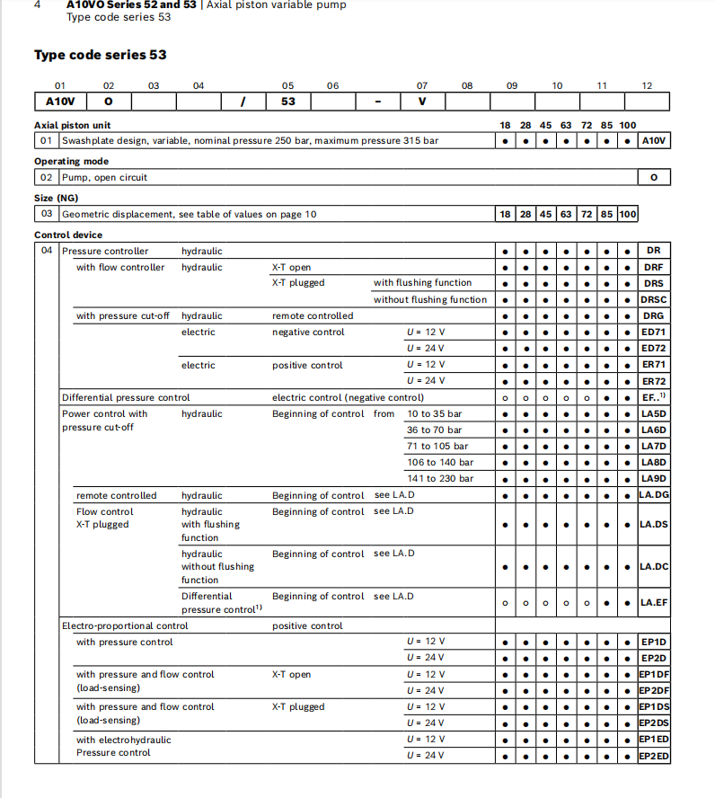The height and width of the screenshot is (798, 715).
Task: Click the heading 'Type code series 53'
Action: click(x=100, y=55)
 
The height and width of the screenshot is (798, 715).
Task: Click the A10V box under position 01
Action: click(x=60, y=102)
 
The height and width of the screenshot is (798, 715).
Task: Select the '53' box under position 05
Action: click(x=287, y=102)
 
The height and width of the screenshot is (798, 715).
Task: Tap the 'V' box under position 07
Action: click(x=422, y=102)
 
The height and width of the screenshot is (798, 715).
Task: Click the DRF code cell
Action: click(x=654, y=267)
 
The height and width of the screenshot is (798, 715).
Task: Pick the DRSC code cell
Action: click(x=654, y=299)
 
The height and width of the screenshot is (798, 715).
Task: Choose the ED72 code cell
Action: click(x=654, y=348)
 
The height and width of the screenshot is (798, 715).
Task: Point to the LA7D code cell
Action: click(x=654, y=446)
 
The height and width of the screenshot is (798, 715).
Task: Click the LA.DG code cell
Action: click(x=654, y=495)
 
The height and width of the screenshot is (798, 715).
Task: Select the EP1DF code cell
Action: click(x=654, y=674)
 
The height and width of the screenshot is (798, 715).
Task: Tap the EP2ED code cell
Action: click(x=654, y=756)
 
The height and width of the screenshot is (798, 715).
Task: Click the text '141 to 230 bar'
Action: click(x=439, y=478)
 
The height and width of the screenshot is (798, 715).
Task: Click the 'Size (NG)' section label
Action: click(x=56, y=198)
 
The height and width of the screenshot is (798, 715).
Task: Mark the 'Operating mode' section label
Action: click(x=71, y=162)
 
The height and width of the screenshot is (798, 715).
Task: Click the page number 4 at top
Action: click(x=37, y=5)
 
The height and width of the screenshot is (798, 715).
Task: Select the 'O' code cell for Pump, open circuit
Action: click(x=654, y=177)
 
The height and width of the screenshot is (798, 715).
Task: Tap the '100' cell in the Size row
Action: click(x=628, y=214)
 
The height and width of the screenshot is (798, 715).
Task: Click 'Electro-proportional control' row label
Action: click(x=125, y=625)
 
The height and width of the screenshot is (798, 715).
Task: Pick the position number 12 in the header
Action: click(x=647, y=85)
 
